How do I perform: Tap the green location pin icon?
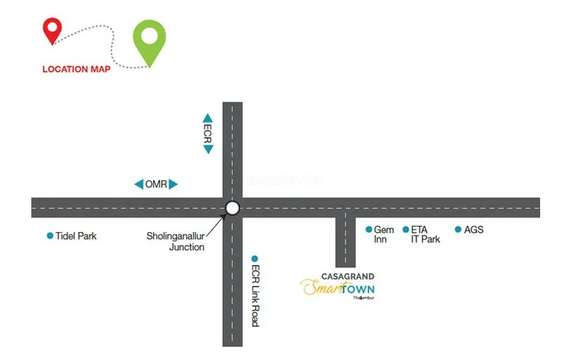coord(149,40)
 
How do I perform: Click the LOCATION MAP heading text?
coord(76,69)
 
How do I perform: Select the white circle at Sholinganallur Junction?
coord(233,208)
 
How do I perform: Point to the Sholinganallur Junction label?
coord(175,241)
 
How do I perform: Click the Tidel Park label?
coord(77,236)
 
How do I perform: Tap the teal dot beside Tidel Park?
coord(51,236)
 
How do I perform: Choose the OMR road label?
coord(156,185)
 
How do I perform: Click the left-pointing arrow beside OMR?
coord(139,185)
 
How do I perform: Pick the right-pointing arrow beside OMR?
coord(174,185)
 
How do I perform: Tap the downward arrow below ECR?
coord(208,149)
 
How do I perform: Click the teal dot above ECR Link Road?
coord(255,259)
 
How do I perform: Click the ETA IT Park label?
coord(425,234)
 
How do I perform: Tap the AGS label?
coord(474,230)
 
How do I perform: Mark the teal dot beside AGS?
coord(458,230)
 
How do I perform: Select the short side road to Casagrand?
coord(345,241)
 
